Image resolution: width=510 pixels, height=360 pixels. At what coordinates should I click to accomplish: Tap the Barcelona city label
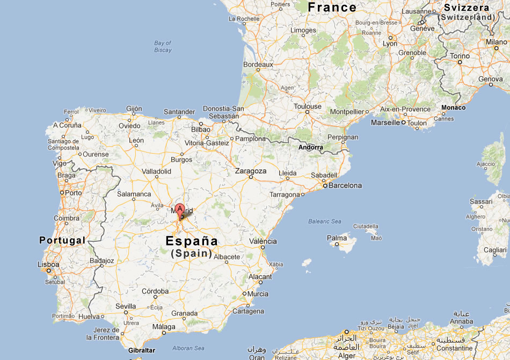click(x=346, y=185)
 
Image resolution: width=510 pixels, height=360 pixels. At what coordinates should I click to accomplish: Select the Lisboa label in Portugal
click(x=48, y=264)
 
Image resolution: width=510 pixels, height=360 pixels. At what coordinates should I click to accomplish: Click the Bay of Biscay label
click(x=163, y=47)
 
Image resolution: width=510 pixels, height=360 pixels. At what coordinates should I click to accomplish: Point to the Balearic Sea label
click(x=325, y=221)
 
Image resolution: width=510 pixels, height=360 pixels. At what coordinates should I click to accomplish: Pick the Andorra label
click(x=311, y=147)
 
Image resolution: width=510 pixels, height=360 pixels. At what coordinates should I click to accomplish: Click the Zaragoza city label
click(x=251, y=171)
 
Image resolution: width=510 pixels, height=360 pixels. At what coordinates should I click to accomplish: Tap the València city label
click(x=263, y=241)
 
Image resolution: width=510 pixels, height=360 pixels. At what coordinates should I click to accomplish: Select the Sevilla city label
click(x=126, y=306)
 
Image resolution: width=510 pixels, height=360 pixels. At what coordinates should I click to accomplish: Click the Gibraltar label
click(x=142, y=350)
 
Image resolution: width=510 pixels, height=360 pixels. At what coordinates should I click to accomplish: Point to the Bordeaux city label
click(x=258, y=64)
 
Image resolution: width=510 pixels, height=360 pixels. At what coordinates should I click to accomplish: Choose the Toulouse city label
click(x=308, y=106)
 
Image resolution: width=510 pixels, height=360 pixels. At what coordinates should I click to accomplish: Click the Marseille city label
click(x=385, y=123)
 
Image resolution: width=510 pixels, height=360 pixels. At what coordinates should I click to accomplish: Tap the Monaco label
click(x=453, y=107)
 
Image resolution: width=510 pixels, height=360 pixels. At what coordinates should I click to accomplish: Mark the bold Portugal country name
click(x=62, y=240)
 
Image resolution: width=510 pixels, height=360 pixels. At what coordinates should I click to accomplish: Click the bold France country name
click(x=332, y=7)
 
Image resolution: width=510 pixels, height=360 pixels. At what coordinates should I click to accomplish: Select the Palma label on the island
click(x=337, y=237)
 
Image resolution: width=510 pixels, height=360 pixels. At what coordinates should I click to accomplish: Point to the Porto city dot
click(x=62, y=192)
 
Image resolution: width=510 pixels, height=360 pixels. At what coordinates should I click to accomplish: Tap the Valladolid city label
click(x=156, y=171)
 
